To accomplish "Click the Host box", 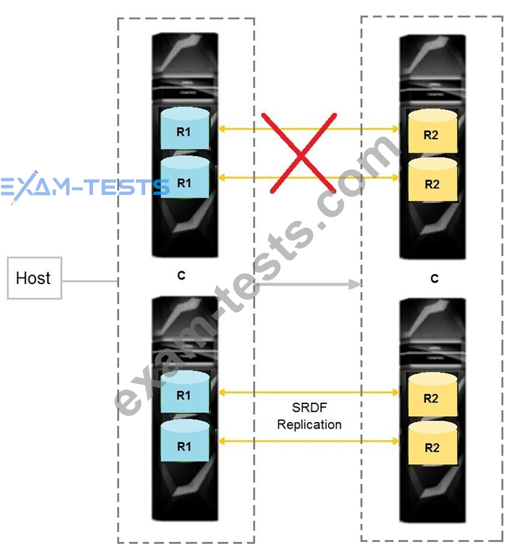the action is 34,278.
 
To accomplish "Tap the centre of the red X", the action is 301,153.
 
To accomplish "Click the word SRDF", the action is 309,407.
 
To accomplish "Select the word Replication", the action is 309,425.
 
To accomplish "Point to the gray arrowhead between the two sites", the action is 355,284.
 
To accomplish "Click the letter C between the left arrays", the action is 181,276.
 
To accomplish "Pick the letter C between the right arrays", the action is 434,279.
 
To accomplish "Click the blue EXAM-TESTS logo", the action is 85,187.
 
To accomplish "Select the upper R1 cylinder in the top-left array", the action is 185,129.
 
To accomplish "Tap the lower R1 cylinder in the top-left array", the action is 185,177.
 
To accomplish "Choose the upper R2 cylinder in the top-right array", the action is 432,131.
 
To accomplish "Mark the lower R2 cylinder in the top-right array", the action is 432,180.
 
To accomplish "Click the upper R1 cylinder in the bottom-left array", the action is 185,392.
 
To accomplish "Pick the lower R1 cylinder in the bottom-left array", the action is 185,441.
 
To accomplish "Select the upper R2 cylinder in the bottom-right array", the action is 432,395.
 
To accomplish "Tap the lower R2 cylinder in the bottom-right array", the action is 432,443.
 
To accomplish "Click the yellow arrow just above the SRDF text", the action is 309,392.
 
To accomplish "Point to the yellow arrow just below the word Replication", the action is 309,441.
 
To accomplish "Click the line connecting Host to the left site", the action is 90,281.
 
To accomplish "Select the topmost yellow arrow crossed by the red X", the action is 309,129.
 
